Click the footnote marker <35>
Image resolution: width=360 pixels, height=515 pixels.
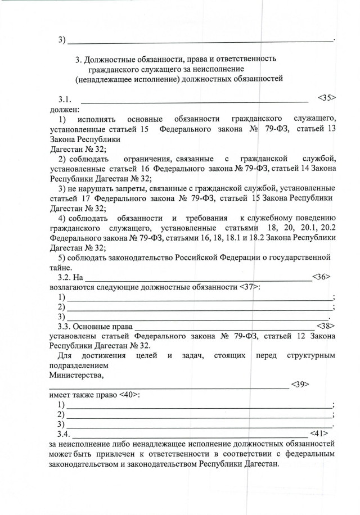tap(326, 98)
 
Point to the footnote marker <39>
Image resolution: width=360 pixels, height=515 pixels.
tap(300, 384)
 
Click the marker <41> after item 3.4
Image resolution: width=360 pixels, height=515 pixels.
tap(319, 433)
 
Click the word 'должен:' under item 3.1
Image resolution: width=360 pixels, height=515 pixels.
tap(65, 108)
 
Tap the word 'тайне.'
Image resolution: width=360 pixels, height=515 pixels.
tap(61, 268)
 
